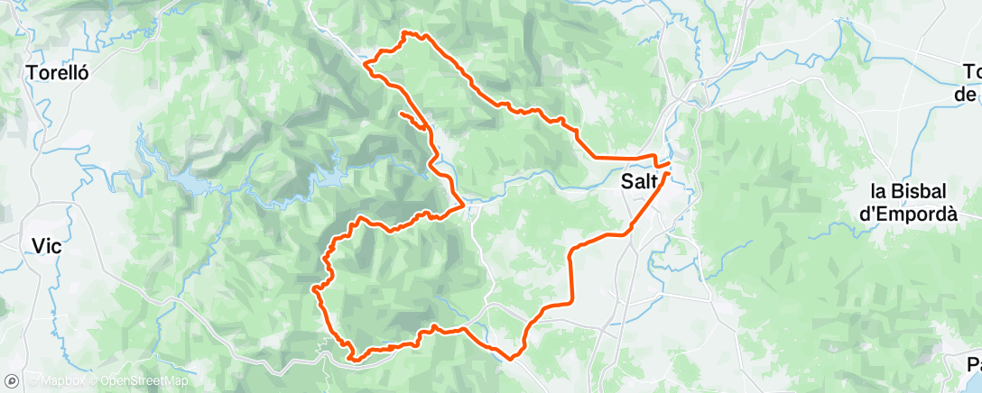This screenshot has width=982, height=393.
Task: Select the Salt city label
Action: point(639,181)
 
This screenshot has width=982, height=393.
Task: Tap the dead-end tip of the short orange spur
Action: point(399,114)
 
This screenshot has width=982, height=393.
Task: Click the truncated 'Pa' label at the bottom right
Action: point(973,365)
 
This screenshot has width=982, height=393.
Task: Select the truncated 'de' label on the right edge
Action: point(968,93)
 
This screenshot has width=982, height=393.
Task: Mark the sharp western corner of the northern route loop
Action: point(365,63)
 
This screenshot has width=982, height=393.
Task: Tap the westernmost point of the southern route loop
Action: point(312,288)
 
